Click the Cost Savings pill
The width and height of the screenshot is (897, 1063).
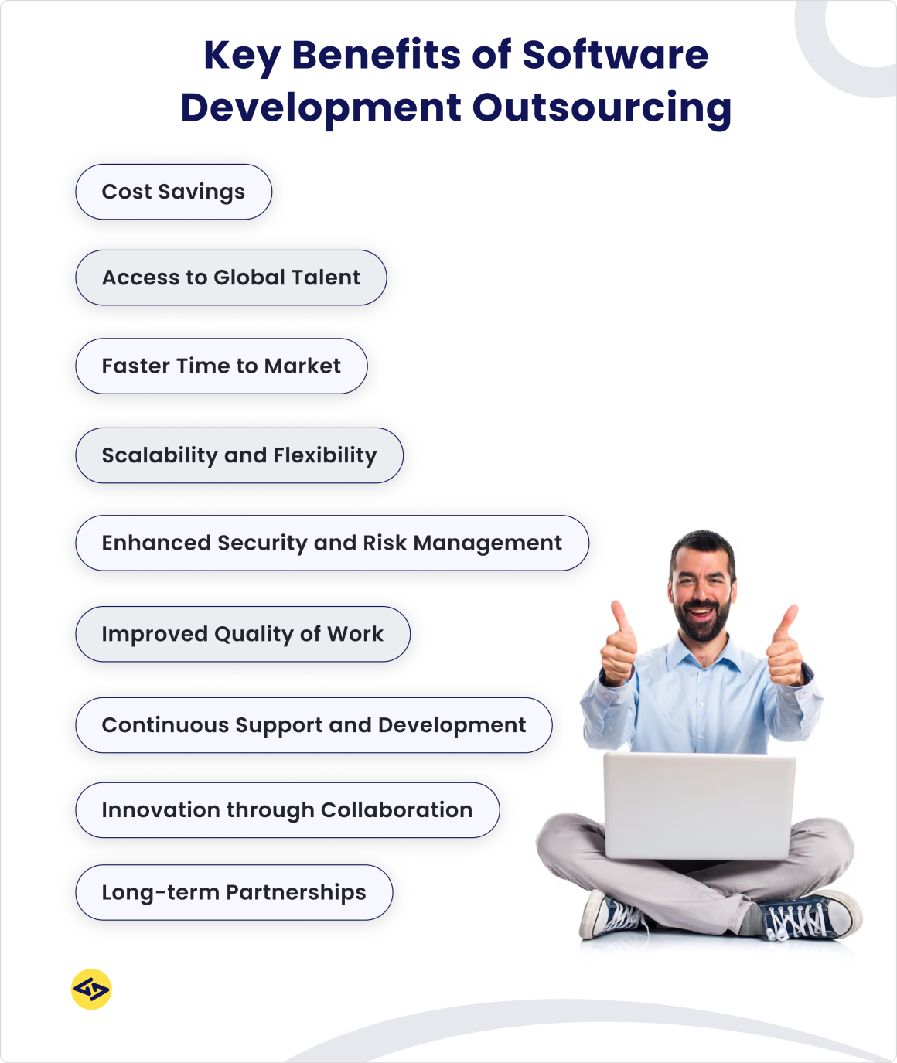point(173,192)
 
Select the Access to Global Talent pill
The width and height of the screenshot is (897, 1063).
point(230,278)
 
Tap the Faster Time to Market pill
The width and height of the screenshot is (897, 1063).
point(221,366)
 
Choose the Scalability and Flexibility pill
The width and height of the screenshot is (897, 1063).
point(239,455)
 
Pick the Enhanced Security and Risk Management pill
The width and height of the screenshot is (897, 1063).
point(332,543)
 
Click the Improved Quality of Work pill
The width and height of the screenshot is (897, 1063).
point(242,634)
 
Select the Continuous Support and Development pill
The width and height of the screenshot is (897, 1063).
point(313,725)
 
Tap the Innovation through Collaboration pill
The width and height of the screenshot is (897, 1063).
point(287,810)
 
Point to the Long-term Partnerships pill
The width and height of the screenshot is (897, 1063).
point(234,892)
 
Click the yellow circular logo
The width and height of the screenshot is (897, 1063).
point(91,989)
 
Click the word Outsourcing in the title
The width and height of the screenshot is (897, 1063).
point(602,107)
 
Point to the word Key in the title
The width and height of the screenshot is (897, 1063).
point(241,56)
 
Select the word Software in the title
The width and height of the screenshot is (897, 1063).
point(615,56)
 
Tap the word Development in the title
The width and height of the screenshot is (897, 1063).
point(321,107)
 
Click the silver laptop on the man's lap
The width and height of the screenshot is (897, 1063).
point(699,804)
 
